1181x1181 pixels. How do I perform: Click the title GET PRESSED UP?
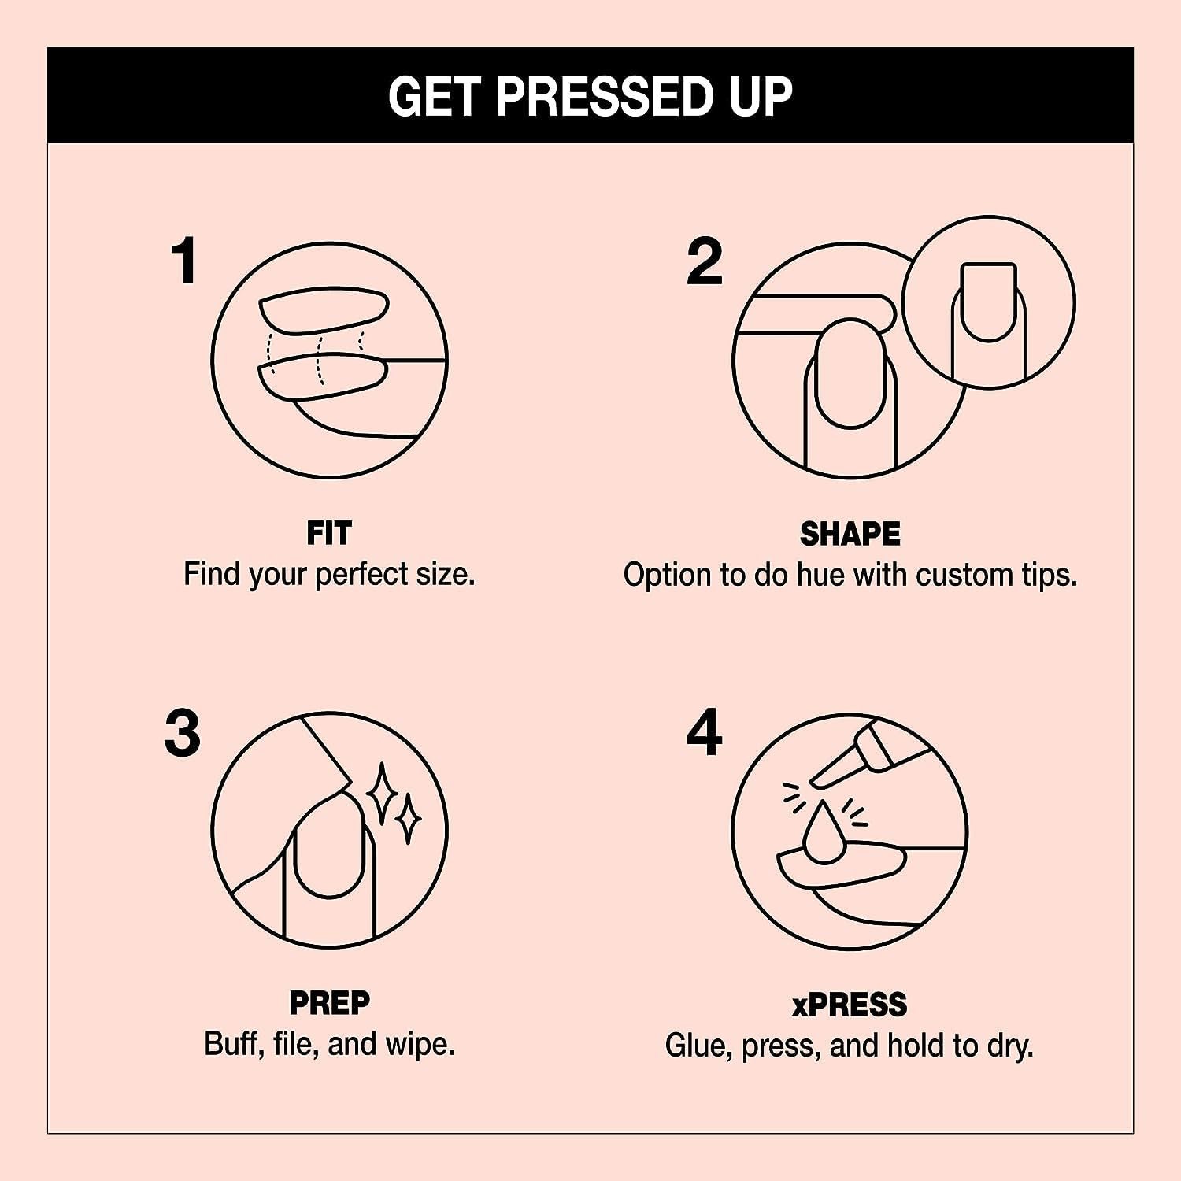(x=590, y=96)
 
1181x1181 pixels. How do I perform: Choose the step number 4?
(x=705, y=733)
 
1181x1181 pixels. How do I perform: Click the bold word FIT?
(x=329, y=534)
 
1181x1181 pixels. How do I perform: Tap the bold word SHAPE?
(x=850, y=534)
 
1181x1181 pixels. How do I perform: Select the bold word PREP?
(x=329, y=1003)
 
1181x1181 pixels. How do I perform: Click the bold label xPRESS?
(x=850, y=1005)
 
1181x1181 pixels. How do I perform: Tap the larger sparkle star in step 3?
(x=383, y=793)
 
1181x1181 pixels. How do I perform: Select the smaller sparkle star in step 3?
(x=408, y=819)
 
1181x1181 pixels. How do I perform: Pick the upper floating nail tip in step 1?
(x=323, y=311)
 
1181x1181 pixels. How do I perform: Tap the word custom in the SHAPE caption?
(x=964, y=575)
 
